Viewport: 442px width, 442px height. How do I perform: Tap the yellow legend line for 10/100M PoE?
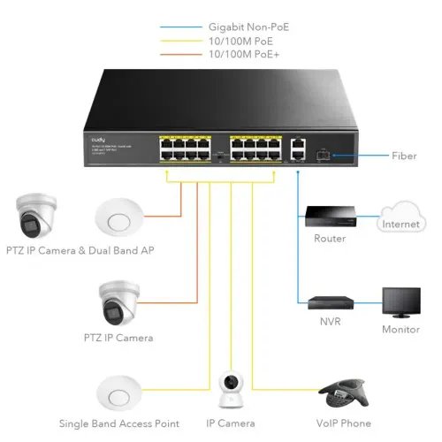click(180, 42)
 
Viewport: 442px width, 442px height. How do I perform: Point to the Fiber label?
click(403, 156)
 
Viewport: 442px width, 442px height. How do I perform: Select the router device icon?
click(330, 216)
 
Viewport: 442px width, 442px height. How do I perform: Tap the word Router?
click(330, 239)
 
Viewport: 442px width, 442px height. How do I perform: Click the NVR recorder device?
click(330, 303)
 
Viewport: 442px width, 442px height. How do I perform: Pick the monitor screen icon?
click(400, 301)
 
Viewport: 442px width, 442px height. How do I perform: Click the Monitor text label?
click(400, 329)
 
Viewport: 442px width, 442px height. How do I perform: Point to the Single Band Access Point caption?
click(118, 423)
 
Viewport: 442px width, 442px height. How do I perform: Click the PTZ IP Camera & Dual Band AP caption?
click(79, 250)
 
